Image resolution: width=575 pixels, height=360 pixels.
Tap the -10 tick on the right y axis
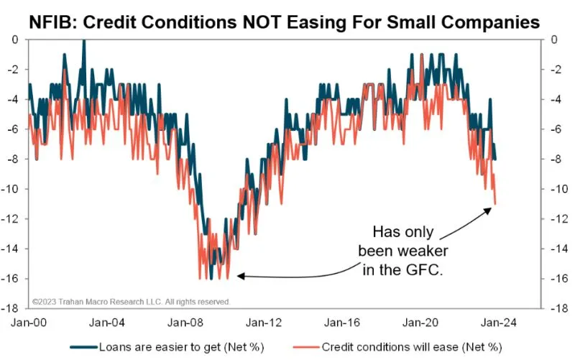555,189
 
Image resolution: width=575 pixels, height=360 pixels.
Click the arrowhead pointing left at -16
241,275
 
